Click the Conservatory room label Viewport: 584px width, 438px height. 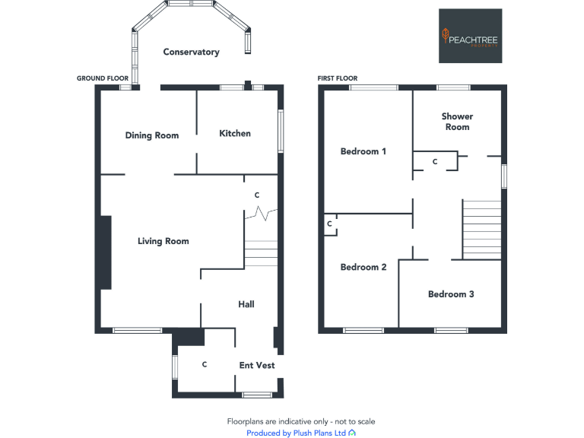click(x=191, y=52)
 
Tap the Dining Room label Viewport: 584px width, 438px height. click(x=152, y=135)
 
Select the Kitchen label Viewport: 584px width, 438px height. click(x=235, y=133)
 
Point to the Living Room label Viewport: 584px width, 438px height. click(x=163, y=241)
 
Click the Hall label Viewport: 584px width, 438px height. click(x=246, y=304)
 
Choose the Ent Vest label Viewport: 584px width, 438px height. click(x=256, y=365)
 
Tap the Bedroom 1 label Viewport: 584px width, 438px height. click(x=363, y=151)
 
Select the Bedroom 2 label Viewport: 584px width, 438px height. click(x=363, y=267)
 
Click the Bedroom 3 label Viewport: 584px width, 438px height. click(x=451, y=294)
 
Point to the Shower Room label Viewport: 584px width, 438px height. click(x=457, y=122)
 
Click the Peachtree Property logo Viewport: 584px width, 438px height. click(x=470, y=36)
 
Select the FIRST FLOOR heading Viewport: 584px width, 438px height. click(x=338, y=78)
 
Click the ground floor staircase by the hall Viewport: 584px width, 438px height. click(x=261, y=254)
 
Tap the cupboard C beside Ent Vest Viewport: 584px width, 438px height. click(x=205, y=365)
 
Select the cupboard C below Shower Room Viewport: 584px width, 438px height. click(x=435, y=162)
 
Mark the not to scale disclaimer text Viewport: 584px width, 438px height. click(x=300, y=421)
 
